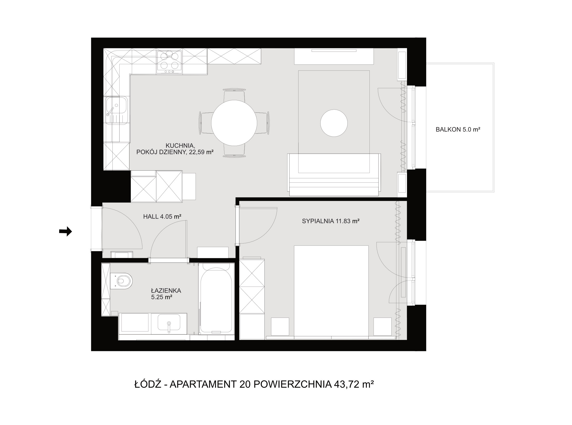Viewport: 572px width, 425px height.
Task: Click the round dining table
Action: pos(234,123)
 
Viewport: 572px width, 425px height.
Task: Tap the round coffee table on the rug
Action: pos(334,123)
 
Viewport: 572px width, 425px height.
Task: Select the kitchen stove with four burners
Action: pos(169,62)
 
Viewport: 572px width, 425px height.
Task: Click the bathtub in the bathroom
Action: pos(216,300)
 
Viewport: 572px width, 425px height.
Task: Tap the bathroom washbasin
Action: pos(169,322)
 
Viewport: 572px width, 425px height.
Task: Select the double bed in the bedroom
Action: pos(331,291)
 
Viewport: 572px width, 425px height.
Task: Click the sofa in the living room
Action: pos(334,175)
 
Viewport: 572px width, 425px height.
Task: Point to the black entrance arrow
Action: pos(65,231)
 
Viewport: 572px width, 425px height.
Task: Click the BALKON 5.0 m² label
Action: pos(458,129)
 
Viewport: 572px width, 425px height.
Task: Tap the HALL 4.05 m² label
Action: pos(162,217)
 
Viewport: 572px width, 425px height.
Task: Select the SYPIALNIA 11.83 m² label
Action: pos(330,221)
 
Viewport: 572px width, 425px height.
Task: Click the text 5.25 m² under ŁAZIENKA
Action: pos(162,297)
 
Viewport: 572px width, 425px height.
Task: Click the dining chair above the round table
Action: pos(234,95)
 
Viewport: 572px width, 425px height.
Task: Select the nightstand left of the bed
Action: pos(280,326)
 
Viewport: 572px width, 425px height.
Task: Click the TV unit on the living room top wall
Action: pos(334,56)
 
